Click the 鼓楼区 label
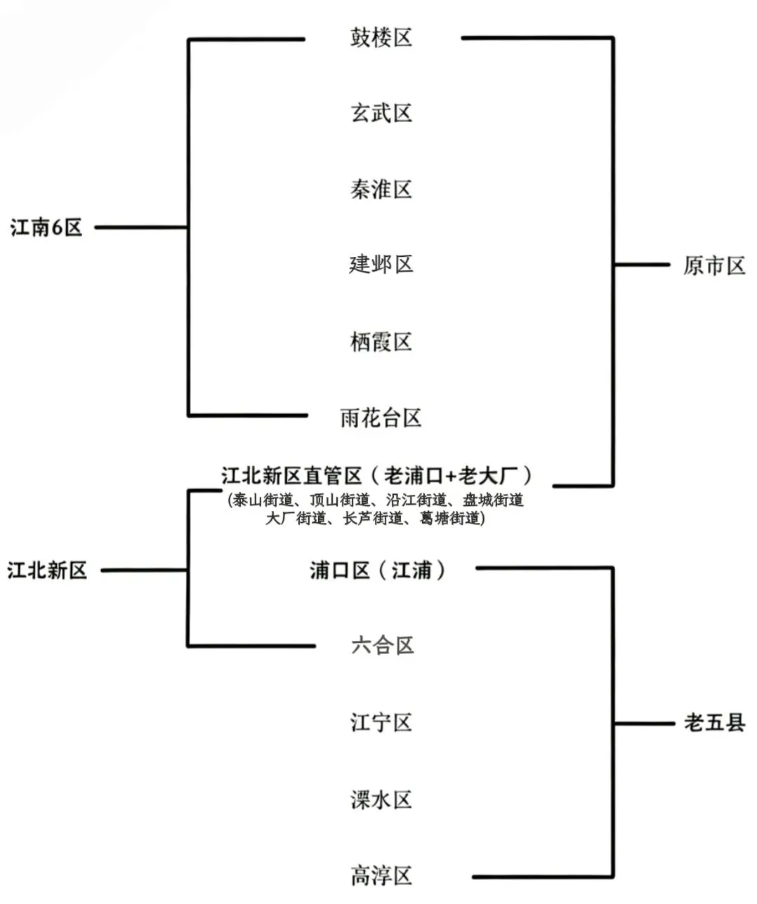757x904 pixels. pos(381,37)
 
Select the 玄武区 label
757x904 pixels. pos(381,113)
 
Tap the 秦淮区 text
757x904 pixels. pos(381,189)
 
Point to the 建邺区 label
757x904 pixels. pos(381,265)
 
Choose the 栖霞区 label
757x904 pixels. pos(381,342)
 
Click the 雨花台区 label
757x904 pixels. pos(381,418)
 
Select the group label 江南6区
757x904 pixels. pos(46,227)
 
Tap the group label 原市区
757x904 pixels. pos(713,266)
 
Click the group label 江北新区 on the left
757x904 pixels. pos(47,570)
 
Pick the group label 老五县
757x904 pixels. pos(714,723)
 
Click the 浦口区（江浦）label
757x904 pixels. pos(378,570)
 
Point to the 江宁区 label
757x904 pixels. pos(381,722)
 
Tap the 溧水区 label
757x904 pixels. pos(381,799)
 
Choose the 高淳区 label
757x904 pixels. pos(381,875)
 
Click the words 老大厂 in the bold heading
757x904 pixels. pos(487,476)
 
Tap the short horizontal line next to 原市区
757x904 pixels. pos(642,265)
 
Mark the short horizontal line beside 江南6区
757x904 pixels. pos(140,227)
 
